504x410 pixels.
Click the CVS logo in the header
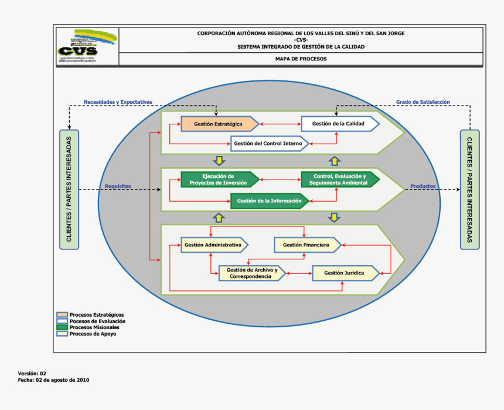pyautogui.click(x=87, y=45)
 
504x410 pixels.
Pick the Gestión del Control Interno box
pyautogui.click(x=268, y=144)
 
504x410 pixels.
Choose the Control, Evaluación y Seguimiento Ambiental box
pyautogui.click(x=340, y=179)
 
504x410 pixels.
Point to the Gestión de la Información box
pyautogui.click(x=269, y=201)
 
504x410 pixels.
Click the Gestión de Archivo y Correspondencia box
pyautogui.click(x=251, y=273)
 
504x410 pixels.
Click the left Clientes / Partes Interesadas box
pyautogui.click(x=69, y=189)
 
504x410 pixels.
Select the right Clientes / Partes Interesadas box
pyautogui.click(x=469, y=189)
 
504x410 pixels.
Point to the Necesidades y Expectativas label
pyautogui.click(x=118, y=102)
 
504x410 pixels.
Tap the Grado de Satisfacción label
pyautogui.click(x=423, y=102)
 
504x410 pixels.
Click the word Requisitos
pyautogui.click(x=118, y=187)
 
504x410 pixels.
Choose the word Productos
pyautogui.click(x=423, y=187)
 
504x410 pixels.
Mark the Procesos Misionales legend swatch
pyautogui.click(x=62, y=327)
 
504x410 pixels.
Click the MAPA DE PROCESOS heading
pyautogui.click(x=301, y=59)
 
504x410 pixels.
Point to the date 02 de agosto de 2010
pyautogui.click(x=62, y=380)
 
